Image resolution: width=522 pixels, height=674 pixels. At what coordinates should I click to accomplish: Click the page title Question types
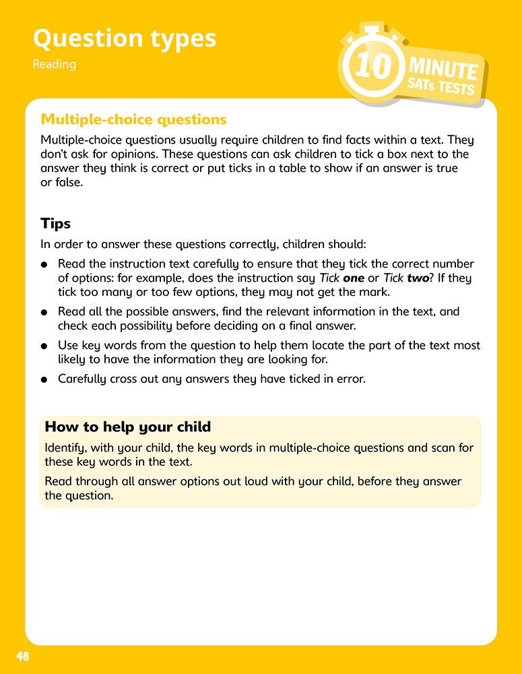point(125,38)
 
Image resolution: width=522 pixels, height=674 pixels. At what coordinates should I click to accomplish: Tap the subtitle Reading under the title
point(54,65)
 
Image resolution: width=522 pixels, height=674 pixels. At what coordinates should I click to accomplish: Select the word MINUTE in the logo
point(443,69)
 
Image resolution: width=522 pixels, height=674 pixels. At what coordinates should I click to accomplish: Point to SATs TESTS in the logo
point(441,87)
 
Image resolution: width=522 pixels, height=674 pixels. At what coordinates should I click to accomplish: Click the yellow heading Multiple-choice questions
point(133,119)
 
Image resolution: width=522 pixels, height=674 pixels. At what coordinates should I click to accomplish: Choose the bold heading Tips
point(55,223)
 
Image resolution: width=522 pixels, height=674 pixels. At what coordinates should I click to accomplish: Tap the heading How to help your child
point(127,427)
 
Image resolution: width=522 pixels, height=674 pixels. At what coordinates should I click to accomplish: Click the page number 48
point(23,656)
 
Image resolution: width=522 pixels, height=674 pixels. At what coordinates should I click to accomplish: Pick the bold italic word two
point(418,278)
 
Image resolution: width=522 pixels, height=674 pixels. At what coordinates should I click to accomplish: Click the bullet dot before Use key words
point(44,346)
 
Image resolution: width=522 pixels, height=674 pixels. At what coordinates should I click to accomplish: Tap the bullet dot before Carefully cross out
point(44,379)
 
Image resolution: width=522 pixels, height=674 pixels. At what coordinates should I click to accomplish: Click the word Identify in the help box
point(65,448)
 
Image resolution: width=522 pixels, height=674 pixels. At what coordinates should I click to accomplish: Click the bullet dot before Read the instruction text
point(44,264)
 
